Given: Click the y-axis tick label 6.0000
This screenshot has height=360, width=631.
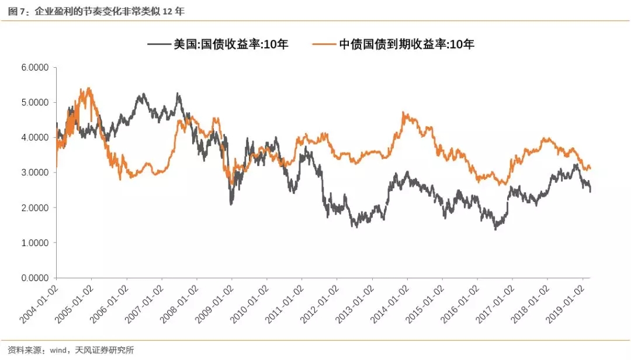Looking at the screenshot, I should (x=35, y=67).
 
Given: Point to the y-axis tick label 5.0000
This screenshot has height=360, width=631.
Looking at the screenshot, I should (x=35, y=102).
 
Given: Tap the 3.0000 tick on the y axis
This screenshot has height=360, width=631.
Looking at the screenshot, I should (x=35, y=172).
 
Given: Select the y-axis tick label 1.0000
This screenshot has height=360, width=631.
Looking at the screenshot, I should (x=35, y=243).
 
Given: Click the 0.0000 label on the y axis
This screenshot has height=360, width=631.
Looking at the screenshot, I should (x=35, y=278).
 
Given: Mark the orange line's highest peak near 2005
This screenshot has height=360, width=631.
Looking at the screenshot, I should (x=88, y=89).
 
